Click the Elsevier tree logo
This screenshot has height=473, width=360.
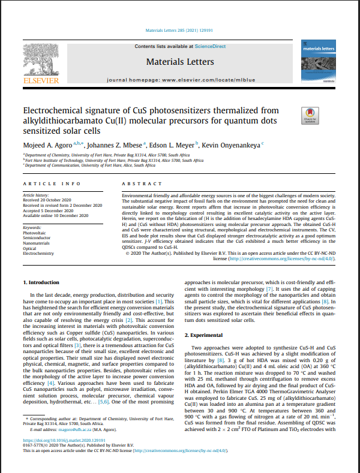(x=40, y=61)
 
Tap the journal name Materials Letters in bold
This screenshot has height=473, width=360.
(x=179, y=62)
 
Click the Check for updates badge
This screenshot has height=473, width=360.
(x=310, y=115)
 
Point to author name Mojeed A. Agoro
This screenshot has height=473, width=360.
(x=47, y=144)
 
